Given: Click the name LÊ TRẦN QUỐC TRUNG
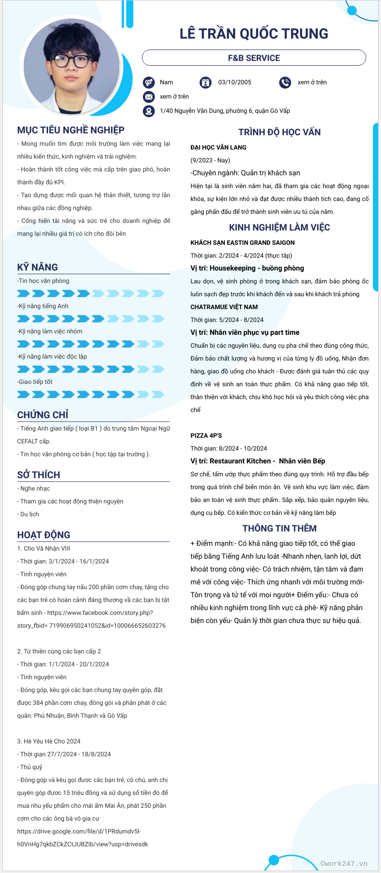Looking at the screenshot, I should (x=254, y=34).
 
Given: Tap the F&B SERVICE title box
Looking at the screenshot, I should (x=254, y=58).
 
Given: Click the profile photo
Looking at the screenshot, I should (x=71, y=66).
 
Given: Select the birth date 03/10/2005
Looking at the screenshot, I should (x=235, y=82).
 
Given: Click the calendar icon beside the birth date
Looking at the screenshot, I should (x=205, y=82).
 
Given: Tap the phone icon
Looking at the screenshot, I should (x=285, y=82).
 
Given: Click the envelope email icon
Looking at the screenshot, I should (x=149, y=97).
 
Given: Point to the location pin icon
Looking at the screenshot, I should (x=149, y=111).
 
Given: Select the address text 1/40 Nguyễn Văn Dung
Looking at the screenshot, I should (x=225, y=111).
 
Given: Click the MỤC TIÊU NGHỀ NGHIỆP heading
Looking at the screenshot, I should (x=71, y=130).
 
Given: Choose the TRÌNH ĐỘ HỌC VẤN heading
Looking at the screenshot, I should (x=280, y=132).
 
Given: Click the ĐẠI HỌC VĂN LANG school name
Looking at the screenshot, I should (x=218, y=148).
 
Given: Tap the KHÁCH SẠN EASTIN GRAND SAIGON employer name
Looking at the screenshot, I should (x=242, y=243).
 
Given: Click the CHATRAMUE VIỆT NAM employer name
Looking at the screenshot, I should (x=224, y=307).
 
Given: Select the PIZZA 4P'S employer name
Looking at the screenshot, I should (x=206, y=436).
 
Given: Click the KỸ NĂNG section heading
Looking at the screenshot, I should (x=38, y=267).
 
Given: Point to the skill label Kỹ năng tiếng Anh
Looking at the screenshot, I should (x=43, y=306).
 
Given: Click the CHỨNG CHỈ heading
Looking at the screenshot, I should (x=43, y=415).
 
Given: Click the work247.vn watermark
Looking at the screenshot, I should (x=344, y=863).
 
